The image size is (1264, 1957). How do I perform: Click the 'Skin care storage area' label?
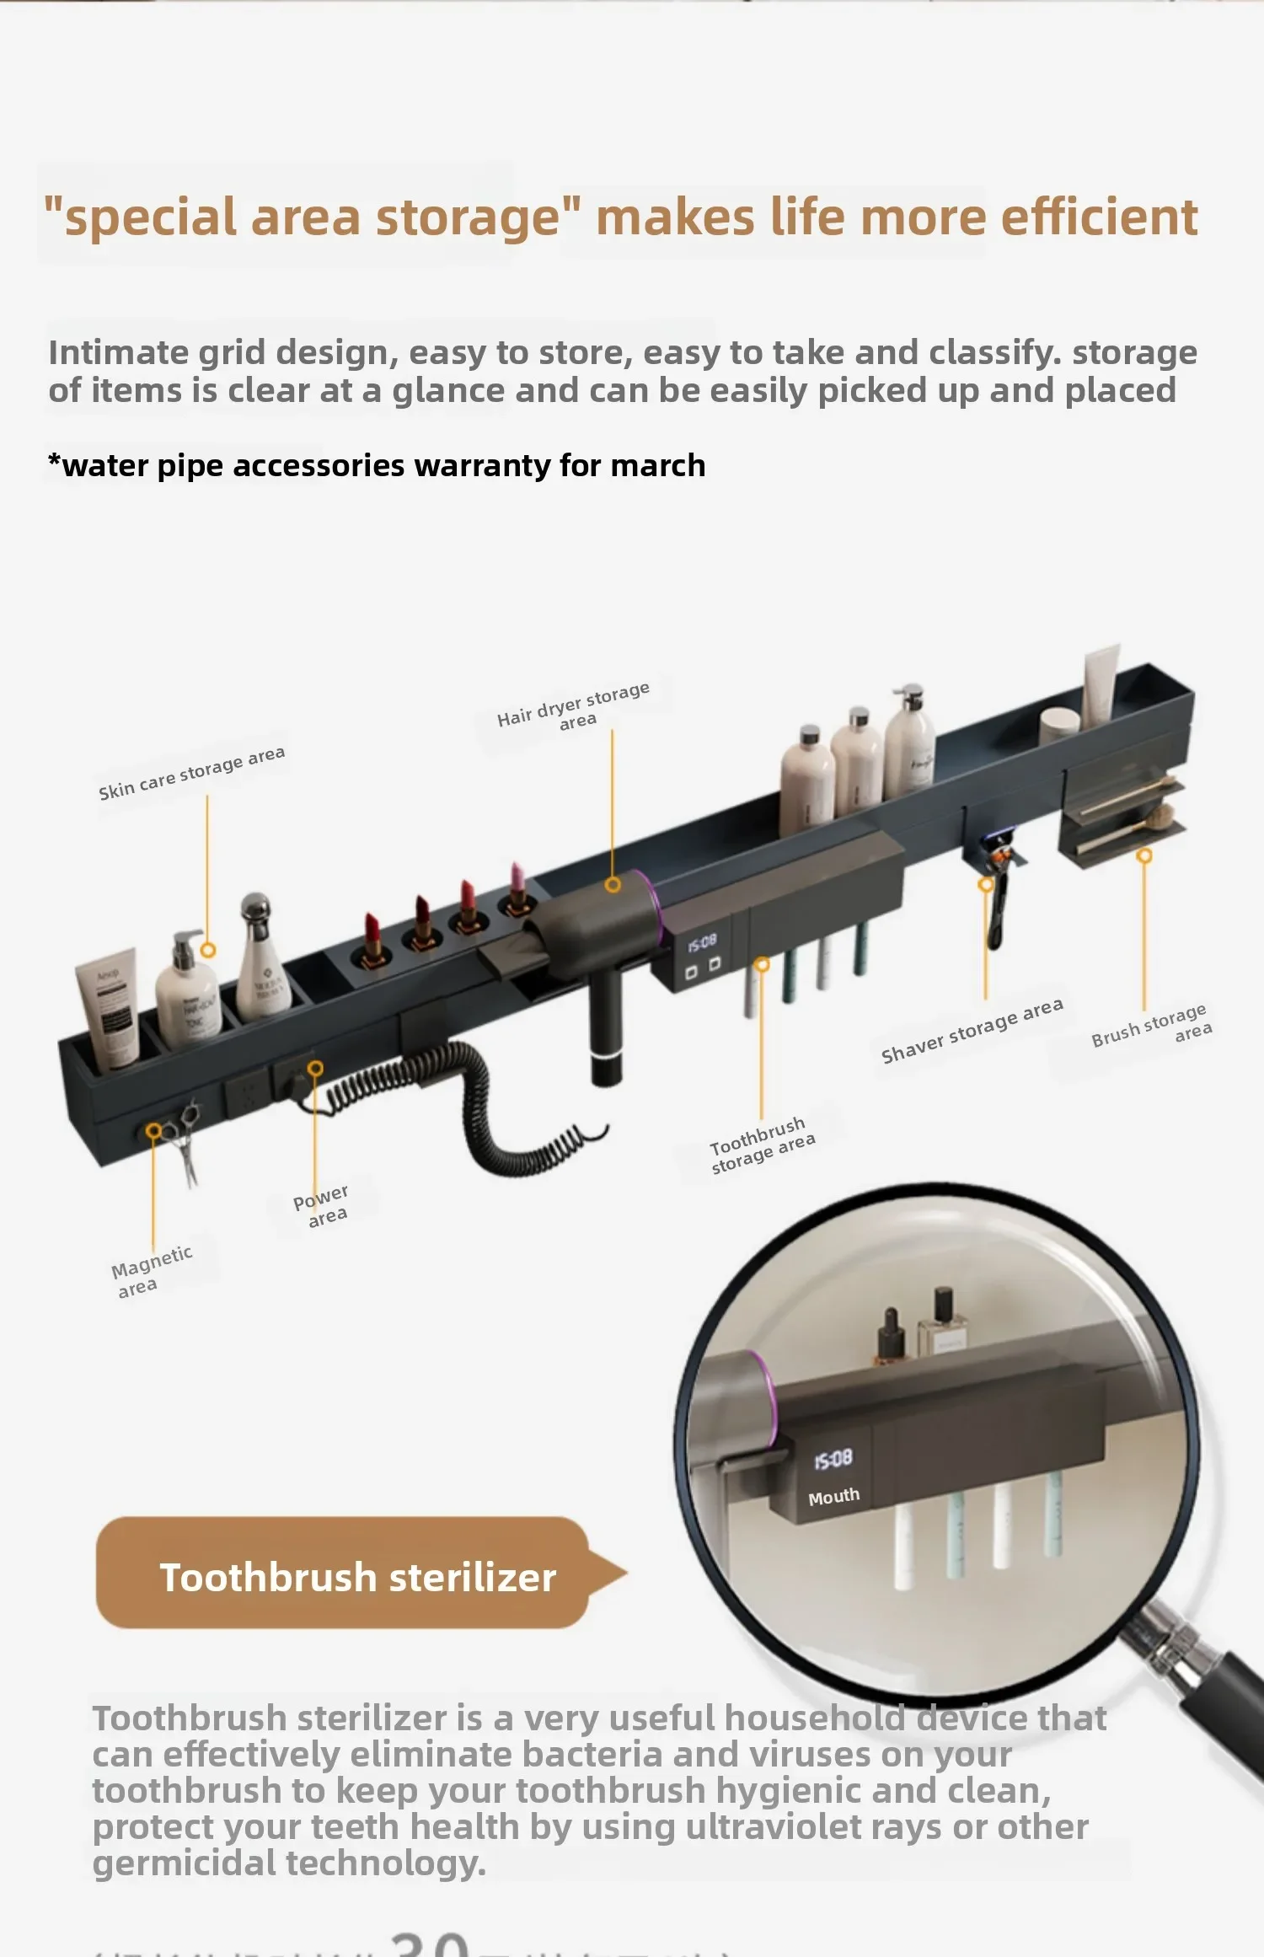(191, 772)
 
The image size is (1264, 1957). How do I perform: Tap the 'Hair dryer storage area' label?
(574, 706)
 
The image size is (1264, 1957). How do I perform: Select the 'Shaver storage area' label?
(972, 1030)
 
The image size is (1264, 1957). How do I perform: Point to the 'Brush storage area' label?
(1151, 1025)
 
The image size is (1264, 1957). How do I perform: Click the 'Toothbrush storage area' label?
(761, 1145)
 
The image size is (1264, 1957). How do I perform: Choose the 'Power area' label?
(321, 1205)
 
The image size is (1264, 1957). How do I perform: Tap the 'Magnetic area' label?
(151, 1271)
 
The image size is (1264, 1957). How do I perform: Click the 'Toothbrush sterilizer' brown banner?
(358, 1577)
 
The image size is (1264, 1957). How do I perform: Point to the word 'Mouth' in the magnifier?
(833, 1497)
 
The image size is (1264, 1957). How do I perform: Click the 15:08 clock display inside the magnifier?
(833, 1459)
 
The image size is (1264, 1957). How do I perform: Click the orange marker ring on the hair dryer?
(613, 884)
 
